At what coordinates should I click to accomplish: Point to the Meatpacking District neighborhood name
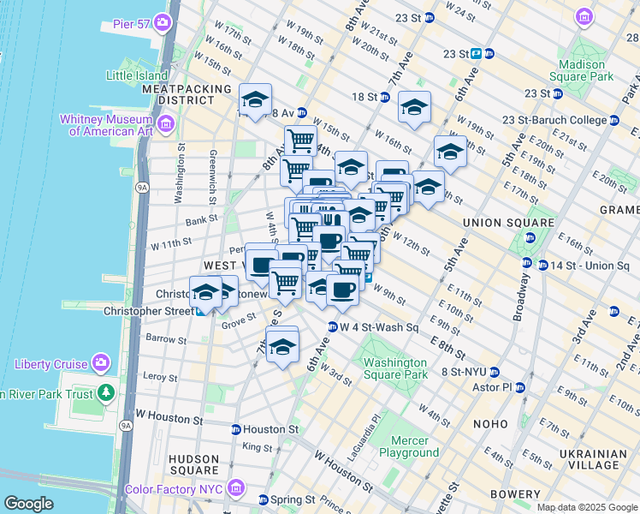(x=187, y=94)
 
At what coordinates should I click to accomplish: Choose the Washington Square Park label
(x=394, y=368)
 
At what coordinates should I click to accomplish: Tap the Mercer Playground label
(x=408, y=446)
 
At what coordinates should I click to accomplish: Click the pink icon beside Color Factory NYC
(x=237, y=488)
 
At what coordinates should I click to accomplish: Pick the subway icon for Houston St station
(x=235, y=429)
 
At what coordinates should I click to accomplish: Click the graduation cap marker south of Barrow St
(x=281, y=347)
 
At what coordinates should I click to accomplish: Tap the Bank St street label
(x=203, y=221)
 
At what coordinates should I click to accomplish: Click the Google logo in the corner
(x=28, y=504)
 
